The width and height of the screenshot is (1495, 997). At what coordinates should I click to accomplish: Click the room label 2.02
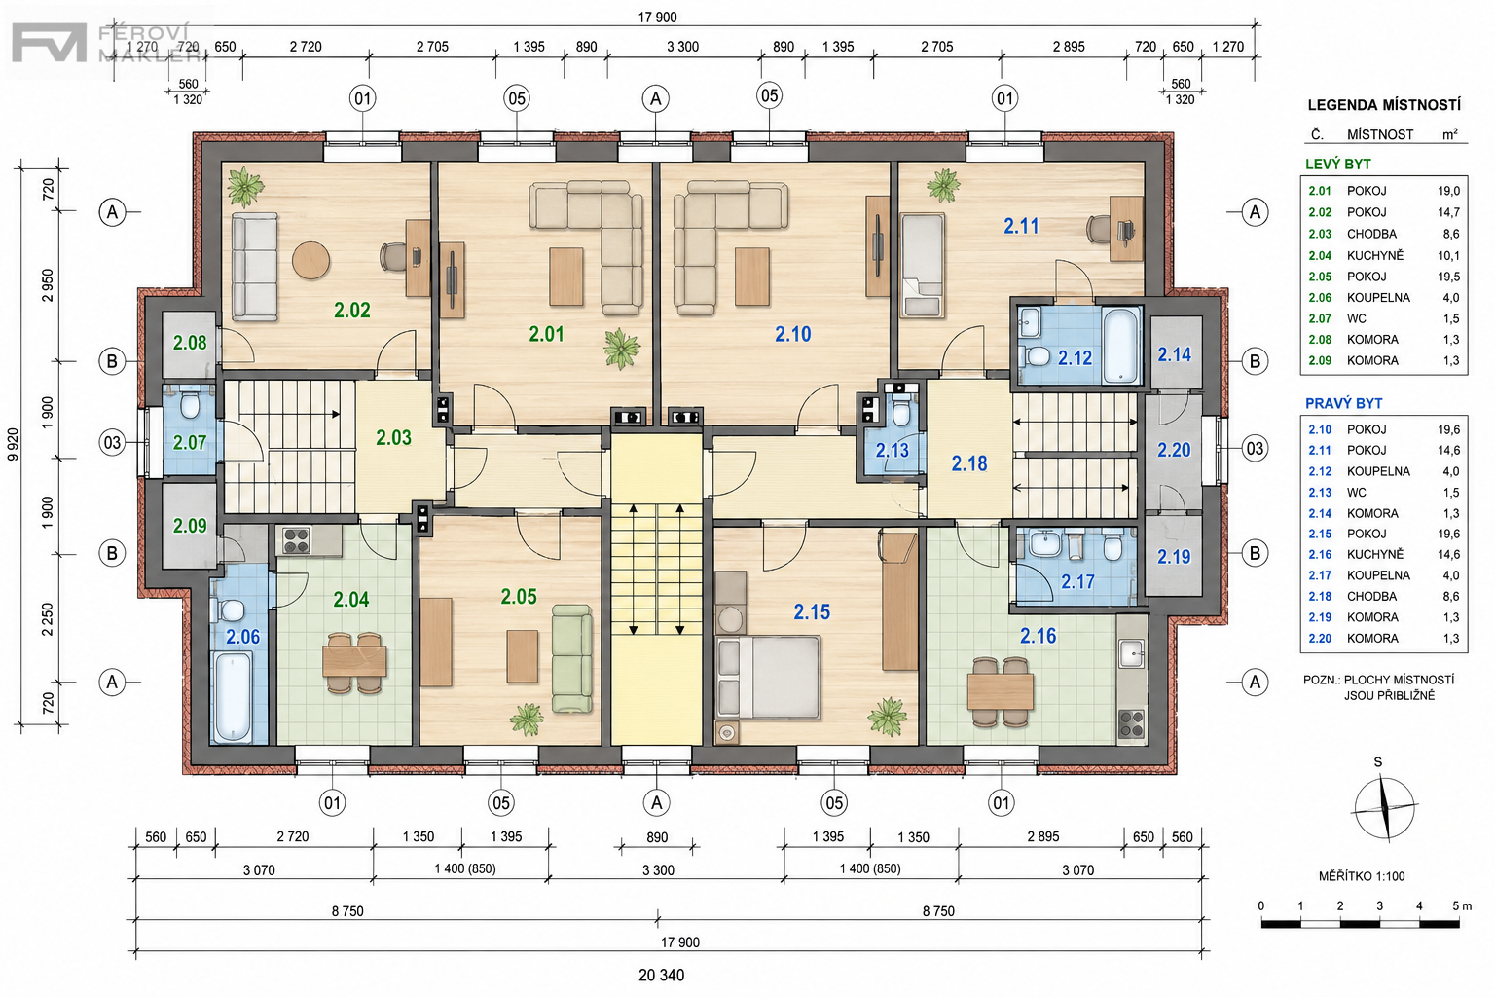(x=351, y=311)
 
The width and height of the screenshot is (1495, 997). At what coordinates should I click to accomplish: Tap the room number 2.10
(x=793, y=334)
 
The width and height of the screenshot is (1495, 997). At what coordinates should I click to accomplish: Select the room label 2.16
(x=1038, y=636)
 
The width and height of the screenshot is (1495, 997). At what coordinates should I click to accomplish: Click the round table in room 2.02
(x=311, y=260)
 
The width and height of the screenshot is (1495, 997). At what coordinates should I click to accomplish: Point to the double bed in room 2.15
(x=768, y=677)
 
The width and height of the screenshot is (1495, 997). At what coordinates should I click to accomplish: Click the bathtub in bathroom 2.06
(x=233, y=697)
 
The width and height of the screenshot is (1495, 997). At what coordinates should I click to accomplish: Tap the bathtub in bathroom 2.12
(x=1121, y=345)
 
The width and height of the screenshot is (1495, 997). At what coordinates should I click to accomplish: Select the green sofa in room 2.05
(x=572, y=658)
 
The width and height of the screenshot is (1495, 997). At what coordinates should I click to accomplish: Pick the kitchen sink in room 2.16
(x=1132, y=653)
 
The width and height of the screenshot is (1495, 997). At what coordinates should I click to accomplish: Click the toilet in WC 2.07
(x=190, y=403)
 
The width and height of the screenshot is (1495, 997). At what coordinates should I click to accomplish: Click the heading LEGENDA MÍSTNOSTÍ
(x=1383, y=105)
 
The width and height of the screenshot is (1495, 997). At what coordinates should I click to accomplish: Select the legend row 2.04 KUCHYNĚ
(x=1383, y=255)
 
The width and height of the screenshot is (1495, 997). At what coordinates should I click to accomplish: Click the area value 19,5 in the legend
(x=1448, y=277)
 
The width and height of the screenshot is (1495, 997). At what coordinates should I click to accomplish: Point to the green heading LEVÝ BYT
(x=1337, y=165)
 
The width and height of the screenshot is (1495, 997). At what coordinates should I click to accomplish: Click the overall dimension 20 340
(x=662, y=976)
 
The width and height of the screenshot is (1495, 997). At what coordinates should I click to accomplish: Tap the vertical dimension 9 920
(x=14, y=444)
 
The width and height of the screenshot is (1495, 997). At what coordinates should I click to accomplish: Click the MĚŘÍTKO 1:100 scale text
(x=1362, y=876)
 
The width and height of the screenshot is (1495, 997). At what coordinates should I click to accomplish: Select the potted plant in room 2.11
(x=944, y=185)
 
